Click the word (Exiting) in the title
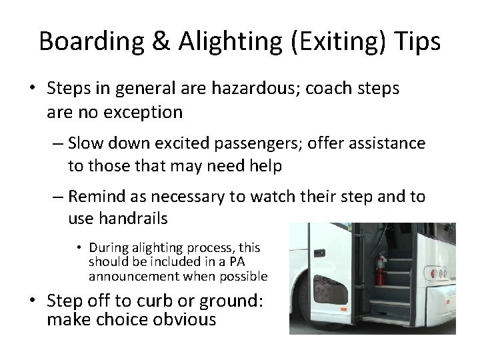pyautogui.click(x=324, y=41)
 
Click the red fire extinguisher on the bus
pyautogui.click(x=381, y=269)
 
